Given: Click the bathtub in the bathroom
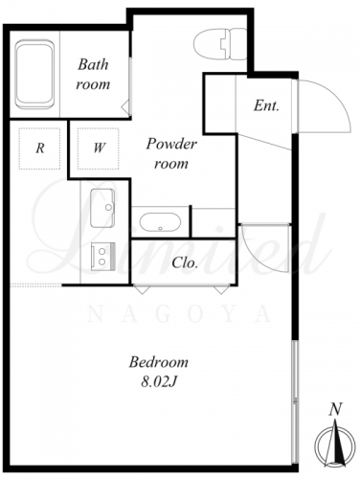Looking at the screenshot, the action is click(34, 75).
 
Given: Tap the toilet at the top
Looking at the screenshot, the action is click(220, 44).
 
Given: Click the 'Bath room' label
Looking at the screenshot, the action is click(93, 74).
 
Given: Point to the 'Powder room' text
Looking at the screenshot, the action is click(171, 153).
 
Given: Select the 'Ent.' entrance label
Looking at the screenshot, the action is click(266, 105).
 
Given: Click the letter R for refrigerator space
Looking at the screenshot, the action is click(40, 148).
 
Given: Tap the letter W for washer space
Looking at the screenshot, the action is click(99, 148).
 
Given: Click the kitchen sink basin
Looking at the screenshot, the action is click(102, 208).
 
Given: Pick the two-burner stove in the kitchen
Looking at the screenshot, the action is click(102, 257).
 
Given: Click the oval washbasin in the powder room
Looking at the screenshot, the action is click(160, 222).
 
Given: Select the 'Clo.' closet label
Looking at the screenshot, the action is click(185, 262).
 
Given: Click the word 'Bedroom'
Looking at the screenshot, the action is click(159, 363).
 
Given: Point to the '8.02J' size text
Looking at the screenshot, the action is click(159, 382).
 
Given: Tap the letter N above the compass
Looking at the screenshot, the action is click(335, 409).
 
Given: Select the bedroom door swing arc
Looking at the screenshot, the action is click(256, 257).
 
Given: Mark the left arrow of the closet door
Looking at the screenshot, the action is click(142, 289).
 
